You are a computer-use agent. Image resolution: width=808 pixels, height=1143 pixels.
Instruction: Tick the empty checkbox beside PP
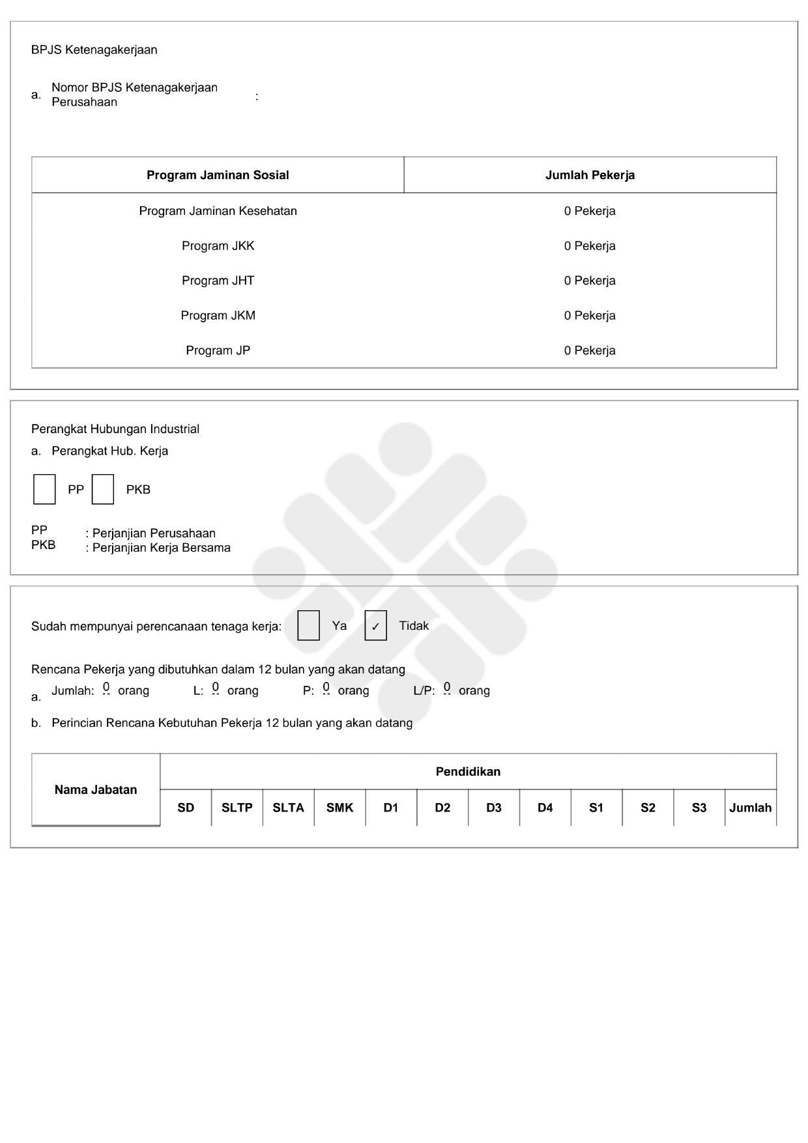pyautogui.click(x=44, y=489)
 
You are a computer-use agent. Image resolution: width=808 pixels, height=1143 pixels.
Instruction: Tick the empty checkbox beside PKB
pyautogui.click(x=103, y=489)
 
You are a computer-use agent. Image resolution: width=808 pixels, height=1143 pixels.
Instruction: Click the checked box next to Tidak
pyautogui.click(x=375, y=626)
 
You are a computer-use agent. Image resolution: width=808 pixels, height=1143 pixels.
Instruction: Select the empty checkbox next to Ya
pyautogui.click(x=308, y=626)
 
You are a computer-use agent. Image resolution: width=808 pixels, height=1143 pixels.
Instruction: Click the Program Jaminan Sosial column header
pyautogui.click(x=218, y=175)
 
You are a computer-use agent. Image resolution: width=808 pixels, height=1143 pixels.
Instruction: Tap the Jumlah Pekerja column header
pyautogui.click(x=590, y=175)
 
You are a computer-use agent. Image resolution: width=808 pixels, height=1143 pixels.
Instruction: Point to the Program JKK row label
pyautogui.click(x=218, y=246)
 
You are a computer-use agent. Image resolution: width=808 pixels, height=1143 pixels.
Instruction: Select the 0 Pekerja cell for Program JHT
pyautogui.click(x=590, y=281)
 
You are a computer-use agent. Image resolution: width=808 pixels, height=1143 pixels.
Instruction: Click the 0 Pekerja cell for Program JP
pyautogui.click(x=590, y=350)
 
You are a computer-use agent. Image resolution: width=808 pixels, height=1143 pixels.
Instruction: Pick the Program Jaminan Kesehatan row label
pyautogui.click(x=218, y=211)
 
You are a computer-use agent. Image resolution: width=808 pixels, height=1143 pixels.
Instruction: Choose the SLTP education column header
pyautogui.click(x=237, y=808)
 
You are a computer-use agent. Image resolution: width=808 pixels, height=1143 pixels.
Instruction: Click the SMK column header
pyautogui.click(x=339, y=808)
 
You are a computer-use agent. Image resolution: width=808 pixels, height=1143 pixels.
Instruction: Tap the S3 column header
pyautogui.click(x=699, y=808)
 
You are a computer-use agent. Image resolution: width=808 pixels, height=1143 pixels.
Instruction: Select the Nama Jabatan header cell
pyautogui.click(x=96, y=790)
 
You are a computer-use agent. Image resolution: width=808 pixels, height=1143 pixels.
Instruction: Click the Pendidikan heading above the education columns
pyautogui.click(x=468, y=772)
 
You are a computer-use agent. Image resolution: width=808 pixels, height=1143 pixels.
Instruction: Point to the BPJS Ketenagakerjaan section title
pyautogui.click(x=94, y=50)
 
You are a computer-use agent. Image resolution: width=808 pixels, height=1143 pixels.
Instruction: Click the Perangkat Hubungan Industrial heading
pyautogui.click(x=115, y=429)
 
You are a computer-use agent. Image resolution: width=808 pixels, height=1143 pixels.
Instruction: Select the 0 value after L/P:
pyautogui.click(x=447, y=687)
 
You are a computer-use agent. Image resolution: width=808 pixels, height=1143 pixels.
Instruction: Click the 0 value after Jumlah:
pyautogui.click(x=106, y=687)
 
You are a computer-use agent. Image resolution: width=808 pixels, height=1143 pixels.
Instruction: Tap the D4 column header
pyautogui.click(x=545, y=808)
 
